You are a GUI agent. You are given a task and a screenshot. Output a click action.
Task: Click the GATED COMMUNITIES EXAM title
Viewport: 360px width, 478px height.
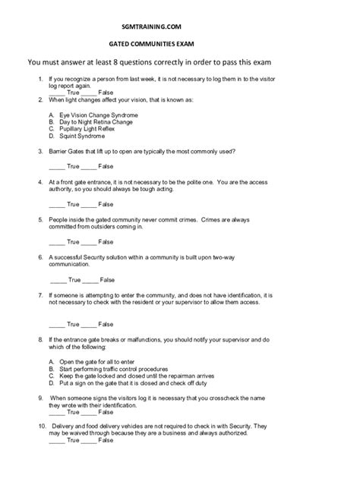pos(179,45)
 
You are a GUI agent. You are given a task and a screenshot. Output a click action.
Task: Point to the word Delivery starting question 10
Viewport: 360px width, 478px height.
pos(65,426)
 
